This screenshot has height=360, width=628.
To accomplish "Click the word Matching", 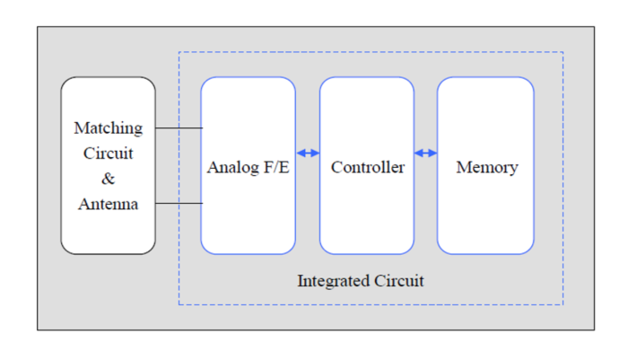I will pyautogui.click(x=108, y=128).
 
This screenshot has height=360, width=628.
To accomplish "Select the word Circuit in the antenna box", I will pyautogui.click(x=108, y=154).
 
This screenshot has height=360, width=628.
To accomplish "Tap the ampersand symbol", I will pyautogui.click(x=108, y=179).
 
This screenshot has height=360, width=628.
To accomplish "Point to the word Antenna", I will pyautogui.click(x=108, y=205).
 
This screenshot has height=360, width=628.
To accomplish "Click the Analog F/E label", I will pyautogui.click(x=248, y=168).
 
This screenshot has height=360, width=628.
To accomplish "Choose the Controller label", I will pyautogui.click(x=367, y=168).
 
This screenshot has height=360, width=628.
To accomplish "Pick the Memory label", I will pyautogui.click(x=486, y=168).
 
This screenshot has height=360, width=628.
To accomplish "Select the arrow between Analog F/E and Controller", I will pyautogui.click(x=308, y=154).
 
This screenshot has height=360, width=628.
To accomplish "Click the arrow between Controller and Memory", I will pyautogui.click(x=425, y=154).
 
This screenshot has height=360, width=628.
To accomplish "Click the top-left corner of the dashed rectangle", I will pyautogui.click(x=179, y=52).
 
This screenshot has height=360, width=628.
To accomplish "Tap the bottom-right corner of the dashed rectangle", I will pyautogui.click(x=563, y=304).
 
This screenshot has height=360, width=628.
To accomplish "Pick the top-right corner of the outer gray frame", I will pyautogui.click(x=594, y=27).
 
